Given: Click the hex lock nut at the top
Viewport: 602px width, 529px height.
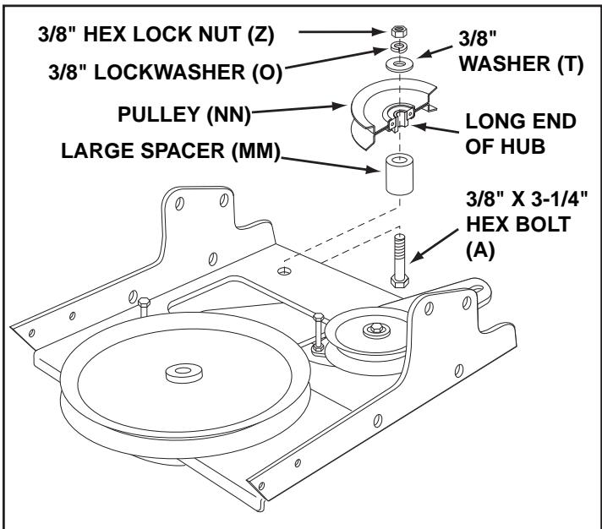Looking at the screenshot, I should (398, 32).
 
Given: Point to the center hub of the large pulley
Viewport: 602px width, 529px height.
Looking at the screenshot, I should (178, 371).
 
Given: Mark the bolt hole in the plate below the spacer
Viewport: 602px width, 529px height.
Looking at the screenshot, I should (285, 271).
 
